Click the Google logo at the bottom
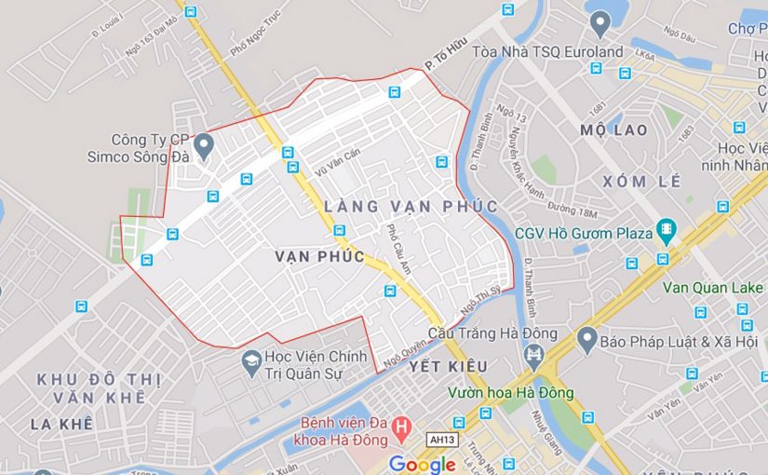(x=422, y=464)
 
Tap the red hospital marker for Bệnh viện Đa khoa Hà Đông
(x=402, y=429)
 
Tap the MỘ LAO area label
(x=613, y=129)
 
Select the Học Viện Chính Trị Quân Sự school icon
(x=250, y=360)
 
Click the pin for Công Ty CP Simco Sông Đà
(x=204, y=144)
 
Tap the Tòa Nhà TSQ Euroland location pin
(x=600, y=20)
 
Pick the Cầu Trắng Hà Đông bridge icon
(x=533, y=355)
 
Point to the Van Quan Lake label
(x=712, y=287)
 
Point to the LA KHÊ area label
(x=61, y=424)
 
